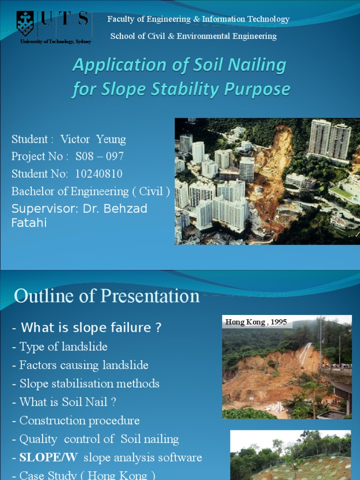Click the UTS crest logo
pos(25,23)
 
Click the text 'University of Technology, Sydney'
pos(55,42)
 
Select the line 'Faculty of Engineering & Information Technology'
pos(198,19)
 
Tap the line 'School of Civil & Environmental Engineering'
pos(193,36)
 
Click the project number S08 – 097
pos(99,157)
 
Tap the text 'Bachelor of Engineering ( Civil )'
pos(90,191)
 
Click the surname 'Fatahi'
pos(29,223)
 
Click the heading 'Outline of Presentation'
pos(107,296)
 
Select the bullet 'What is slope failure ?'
pos(91,328)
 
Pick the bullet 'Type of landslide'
pos(63,347)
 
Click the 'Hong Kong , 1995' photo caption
pos(256,322)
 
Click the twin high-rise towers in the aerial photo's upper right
pos(329,139)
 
